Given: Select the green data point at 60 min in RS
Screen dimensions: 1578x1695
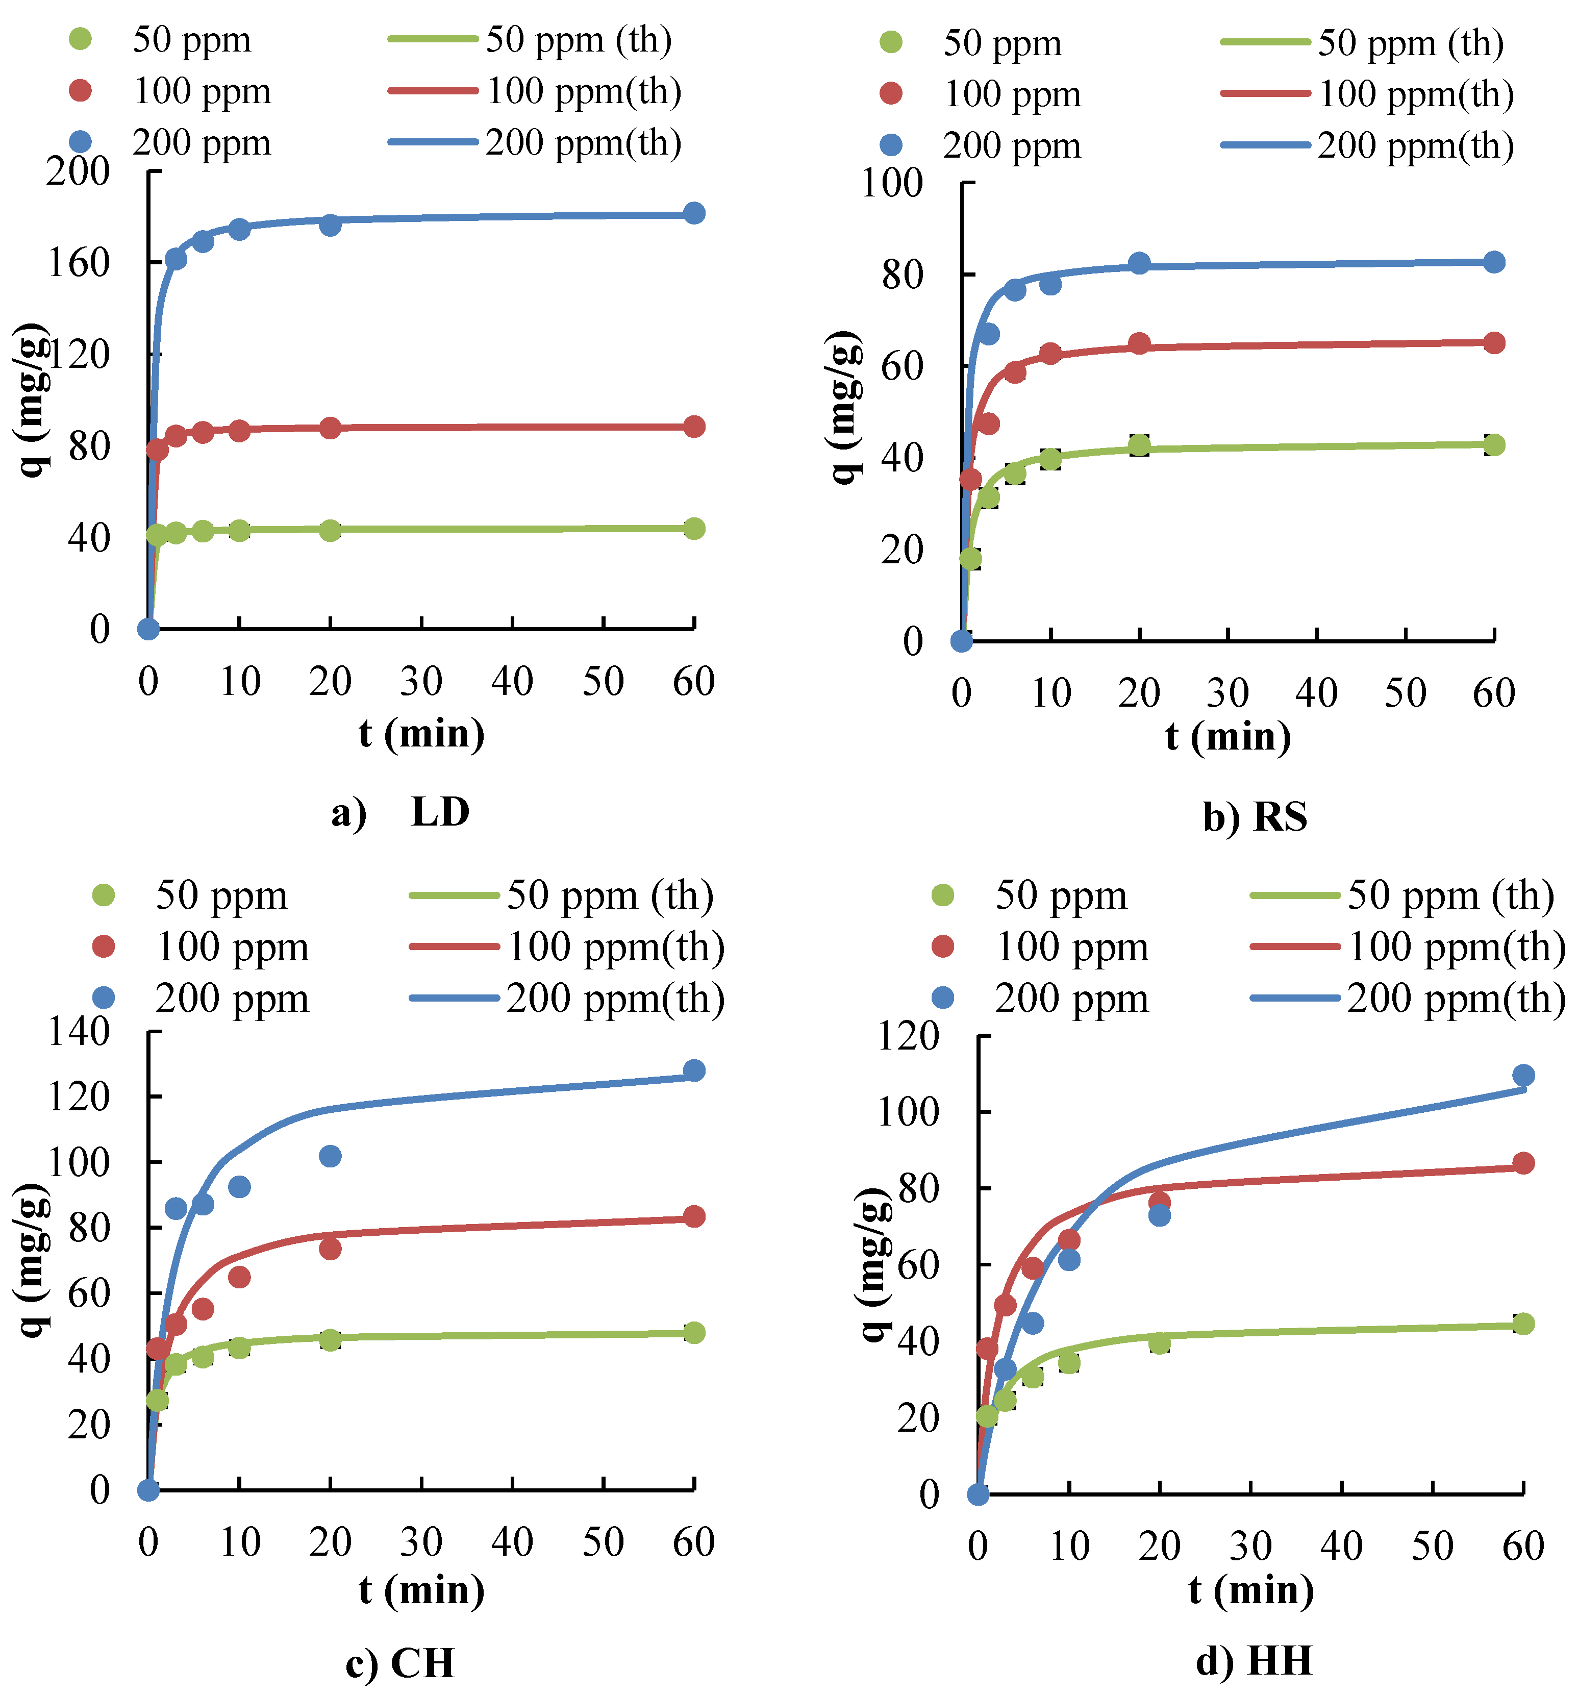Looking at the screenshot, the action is point(1494,444).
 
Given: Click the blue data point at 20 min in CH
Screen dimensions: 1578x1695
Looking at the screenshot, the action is point(330,1156).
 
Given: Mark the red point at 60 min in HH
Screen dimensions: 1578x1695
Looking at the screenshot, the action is point(1523,1163).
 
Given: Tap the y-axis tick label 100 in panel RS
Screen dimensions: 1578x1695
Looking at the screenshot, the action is point(892,183).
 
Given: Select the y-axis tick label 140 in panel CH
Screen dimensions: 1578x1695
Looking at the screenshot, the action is point(79,1032).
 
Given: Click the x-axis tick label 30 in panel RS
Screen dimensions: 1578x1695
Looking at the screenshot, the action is point(1228,693).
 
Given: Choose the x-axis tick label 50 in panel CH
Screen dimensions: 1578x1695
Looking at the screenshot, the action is point(603,1541).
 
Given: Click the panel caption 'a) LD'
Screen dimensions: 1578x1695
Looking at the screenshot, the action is point(400,812).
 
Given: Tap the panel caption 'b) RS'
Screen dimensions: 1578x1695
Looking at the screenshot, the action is point(1255,817).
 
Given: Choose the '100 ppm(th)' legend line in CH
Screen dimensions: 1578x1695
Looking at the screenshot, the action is point(455,946).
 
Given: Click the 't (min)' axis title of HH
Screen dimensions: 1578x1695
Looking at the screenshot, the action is point(1250,1590).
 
